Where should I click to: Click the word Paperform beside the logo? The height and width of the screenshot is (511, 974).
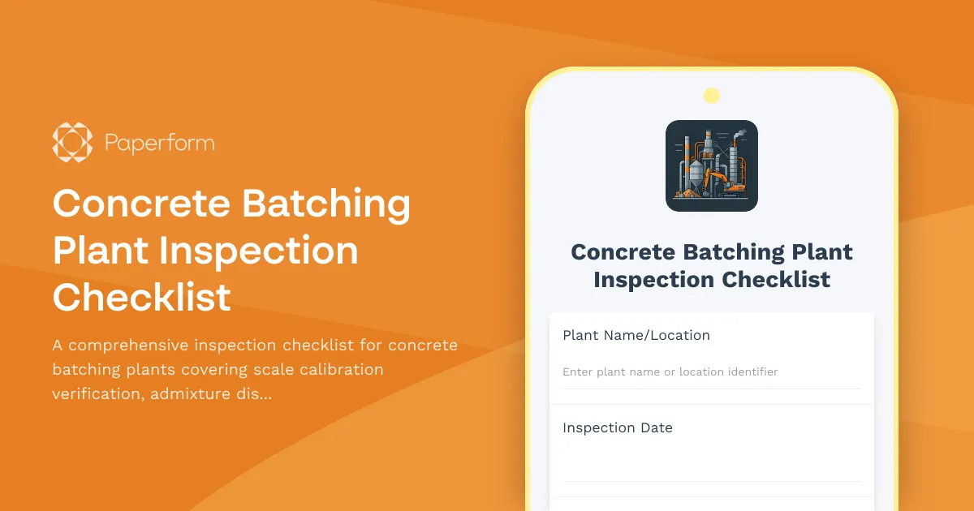click(159, 144)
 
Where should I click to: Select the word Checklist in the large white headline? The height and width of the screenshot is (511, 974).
click(142, 297)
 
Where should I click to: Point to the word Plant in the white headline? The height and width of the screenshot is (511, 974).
click(100, 250)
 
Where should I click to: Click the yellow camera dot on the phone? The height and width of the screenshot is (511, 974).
click(712, 96)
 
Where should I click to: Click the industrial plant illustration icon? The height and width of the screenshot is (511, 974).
click(712, 165)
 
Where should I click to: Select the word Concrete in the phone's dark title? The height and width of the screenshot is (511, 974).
click(623, 251)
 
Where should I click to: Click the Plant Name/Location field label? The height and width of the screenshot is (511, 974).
click(636, 335)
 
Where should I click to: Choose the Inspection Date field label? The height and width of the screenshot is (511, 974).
click(617, 427)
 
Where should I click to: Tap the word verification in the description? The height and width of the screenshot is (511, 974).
click(95, 394)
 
